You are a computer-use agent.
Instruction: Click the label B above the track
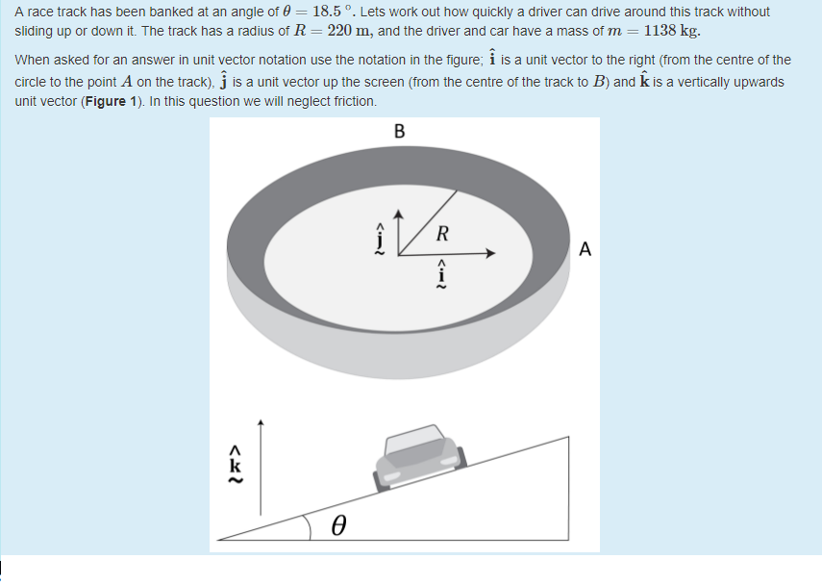tap(400, 131)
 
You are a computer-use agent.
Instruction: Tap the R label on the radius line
tap(441, 232)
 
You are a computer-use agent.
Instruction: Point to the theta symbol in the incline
tap(338, 525)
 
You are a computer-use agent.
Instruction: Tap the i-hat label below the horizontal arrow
tap(442, 272)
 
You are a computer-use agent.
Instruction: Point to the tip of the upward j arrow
tap(401, 211)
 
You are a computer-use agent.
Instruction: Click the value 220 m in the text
tap(351, 29)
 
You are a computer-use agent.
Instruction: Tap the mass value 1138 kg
tap(671, 29)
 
